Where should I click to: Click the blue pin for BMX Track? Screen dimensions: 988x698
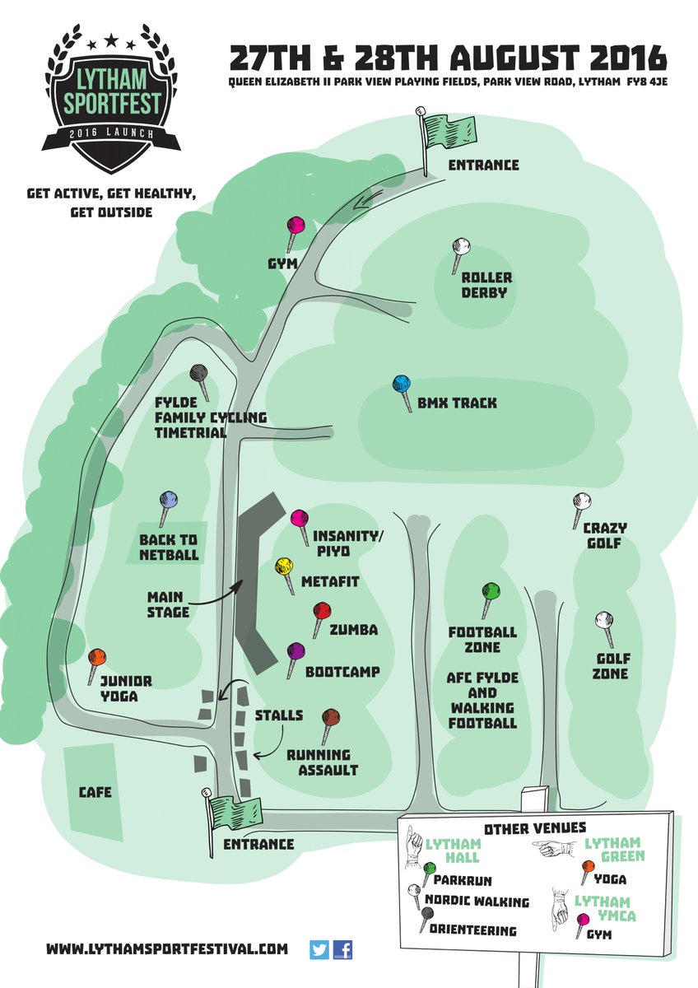coord(402,384)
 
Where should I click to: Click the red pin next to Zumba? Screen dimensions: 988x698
coord(322,612)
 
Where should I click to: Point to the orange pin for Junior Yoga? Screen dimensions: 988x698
coord(96,658)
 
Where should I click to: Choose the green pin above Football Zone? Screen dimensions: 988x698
coord(491,591)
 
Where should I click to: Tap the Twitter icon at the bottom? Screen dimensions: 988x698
coord(319,949)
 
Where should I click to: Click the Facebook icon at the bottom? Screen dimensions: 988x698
coord(343,949)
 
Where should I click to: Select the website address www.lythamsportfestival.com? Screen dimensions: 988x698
coord(167,949)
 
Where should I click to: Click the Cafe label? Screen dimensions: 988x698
coord(95,793)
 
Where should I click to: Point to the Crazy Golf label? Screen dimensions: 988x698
coord(605,535)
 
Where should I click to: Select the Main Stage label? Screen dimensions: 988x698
coord(169,604)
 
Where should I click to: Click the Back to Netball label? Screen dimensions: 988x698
coord(169,548)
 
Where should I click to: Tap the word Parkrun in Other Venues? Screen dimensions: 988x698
coord(463,878)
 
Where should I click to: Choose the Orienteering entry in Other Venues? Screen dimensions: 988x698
coord(473,930)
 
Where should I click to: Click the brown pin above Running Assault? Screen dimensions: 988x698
coord(331,717)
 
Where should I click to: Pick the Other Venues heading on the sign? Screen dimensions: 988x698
coord(535,827)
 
